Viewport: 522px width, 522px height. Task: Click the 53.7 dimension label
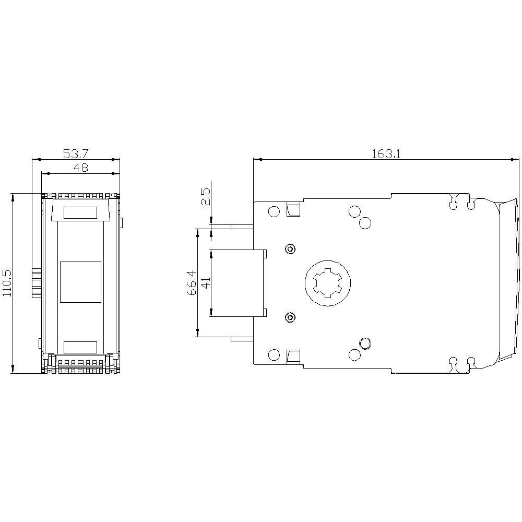pos(76,154)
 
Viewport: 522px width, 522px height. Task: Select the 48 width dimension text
pos(80,168)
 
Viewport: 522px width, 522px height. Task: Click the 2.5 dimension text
pos(206,197)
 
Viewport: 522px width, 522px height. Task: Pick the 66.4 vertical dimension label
pos(192,282)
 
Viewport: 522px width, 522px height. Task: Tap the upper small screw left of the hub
pos(290,249)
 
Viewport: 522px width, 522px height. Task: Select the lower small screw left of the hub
pos(290,317)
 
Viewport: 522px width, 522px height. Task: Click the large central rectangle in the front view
pos(80,282)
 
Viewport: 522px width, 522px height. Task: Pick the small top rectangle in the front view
pos(80,212)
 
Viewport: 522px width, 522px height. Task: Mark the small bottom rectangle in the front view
pos(80,347)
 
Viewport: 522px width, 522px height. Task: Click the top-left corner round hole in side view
pos(274,211)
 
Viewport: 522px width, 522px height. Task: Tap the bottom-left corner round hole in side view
pos(274,355)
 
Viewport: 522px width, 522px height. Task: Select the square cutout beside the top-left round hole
pos(293,210)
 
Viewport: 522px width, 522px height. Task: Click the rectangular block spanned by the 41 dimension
pos(238,283)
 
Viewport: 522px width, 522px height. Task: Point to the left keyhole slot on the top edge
pos(455,201)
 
